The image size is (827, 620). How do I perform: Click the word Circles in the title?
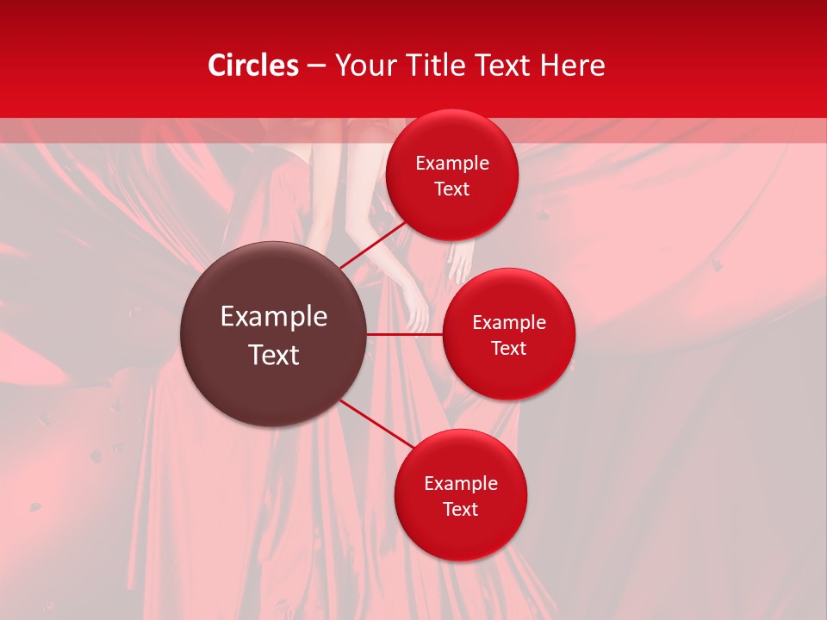pos(253,65)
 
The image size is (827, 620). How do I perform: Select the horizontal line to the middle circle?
pos(405,334)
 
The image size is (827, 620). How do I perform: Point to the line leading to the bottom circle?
pos(377,425)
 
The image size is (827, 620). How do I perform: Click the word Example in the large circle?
pos(274,317)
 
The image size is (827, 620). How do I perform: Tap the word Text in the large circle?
pos(274,355)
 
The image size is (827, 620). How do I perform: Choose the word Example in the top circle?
pos(452,163)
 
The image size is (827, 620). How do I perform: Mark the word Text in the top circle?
pos(452,189)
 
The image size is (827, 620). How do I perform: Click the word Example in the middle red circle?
pos(509,322)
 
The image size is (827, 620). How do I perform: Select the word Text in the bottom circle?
pos(461,509)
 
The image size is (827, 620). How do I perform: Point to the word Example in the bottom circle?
pos(461,483)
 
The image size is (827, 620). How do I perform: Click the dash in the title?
pos(316,66)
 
